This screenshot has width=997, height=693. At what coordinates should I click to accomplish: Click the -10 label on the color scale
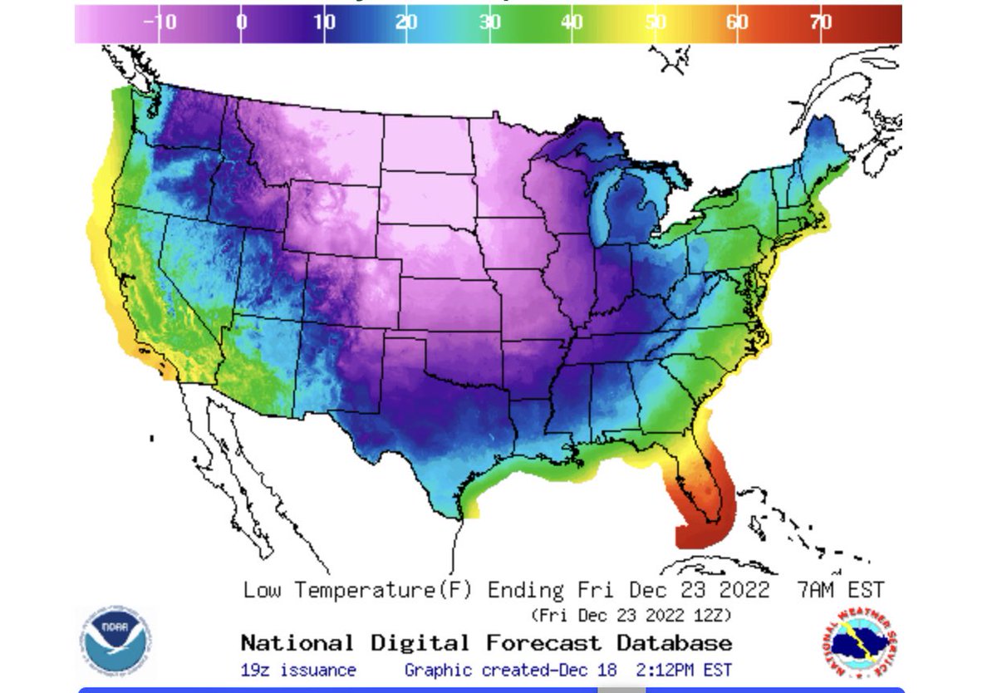160,22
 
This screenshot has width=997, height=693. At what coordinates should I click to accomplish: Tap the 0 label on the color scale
241,22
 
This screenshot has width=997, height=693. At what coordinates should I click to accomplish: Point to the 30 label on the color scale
489,22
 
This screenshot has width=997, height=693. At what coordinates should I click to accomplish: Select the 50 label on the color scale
656,22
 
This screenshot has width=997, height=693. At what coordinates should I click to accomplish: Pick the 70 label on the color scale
821,22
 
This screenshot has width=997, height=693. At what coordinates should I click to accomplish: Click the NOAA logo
116,642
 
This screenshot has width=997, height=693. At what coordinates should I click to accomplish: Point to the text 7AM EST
840,590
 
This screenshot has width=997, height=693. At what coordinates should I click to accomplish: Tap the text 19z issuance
298,670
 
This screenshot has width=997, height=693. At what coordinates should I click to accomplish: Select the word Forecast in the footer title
544,642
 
